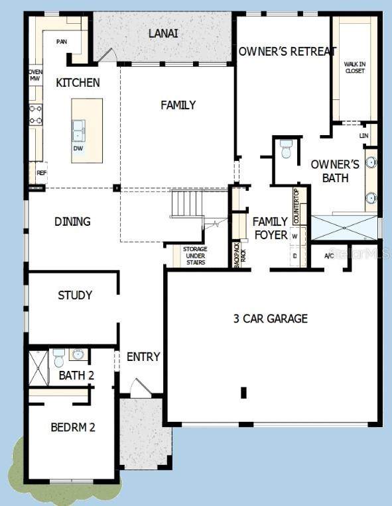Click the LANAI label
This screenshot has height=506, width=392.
click(163, 34)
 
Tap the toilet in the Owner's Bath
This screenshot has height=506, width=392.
click(286, 149)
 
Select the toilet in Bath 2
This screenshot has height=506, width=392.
click(59, 358)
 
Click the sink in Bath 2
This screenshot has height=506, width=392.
click(78, 354)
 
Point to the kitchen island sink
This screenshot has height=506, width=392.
click(78, 130)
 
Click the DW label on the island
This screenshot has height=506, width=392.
click(78, 148)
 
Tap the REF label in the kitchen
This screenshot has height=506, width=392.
click(42, 173)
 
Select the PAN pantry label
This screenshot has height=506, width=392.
click(62, 42)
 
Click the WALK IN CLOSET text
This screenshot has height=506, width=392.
click(355, 68)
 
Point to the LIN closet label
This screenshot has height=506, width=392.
click(364, 136)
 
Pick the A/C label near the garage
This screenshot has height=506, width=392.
click(329, 256)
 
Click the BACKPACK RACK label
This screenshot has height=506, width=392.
click(240, 254)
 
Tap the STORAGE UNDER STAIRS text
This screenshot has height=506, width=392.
click(195, 256)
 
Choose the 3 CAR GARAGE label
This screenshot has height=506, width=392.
click(271, 319)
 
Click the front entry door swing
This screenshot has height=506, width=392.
click(140, 387)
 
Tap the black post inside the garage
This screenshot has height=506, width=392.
click(243, 392)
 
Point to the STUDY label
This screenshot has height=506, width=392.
click(75, 295)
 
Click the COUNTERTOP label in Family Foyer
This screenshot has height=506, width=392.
click(296, 207)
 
